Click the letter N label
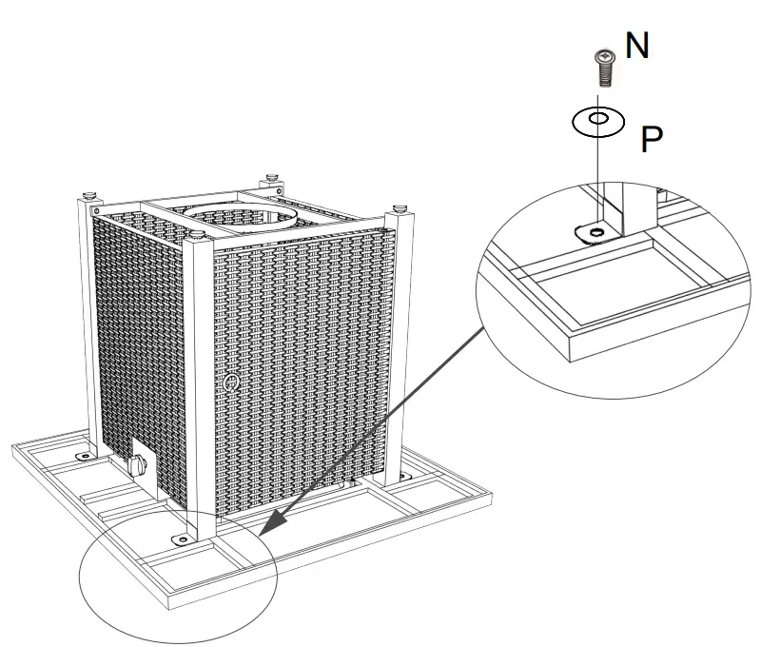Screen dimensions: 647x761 coord(637,46)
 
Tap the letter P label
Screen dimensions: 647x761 coord(651,140)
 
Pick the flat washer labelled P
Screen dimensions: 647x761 coord(597,121)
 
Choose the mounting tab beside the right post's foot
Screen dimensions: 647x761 coord(407,475)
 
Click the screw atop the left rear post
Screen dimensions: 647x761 coord(88,196)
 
